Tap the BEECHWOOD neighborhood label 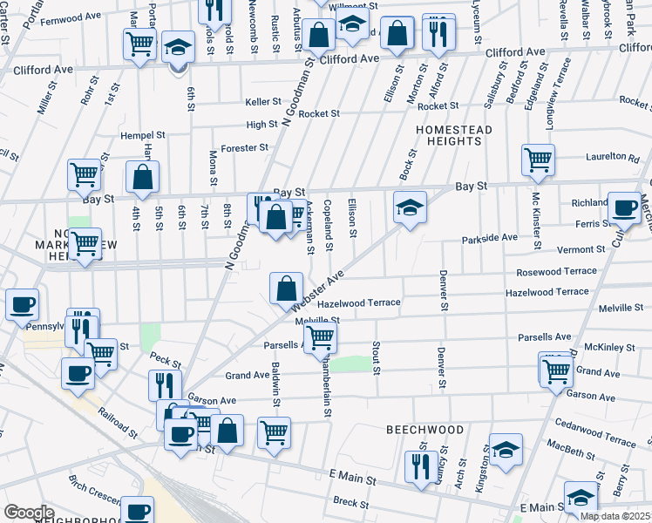tap(425, 431)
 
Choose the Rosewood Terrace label tap(556, 271)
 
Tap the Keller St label tap(263, 102)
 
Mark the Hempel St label tap(143, 135)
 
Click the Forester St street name tap(242, 148)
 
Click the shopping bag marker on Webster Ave tap(287, 288)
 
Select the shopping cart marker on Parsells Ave tap(321, 336)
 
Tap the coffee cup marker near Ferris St tap(624, 208)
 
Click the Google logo tap(30, 512)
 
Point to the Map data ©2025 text tap(615, 516)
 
